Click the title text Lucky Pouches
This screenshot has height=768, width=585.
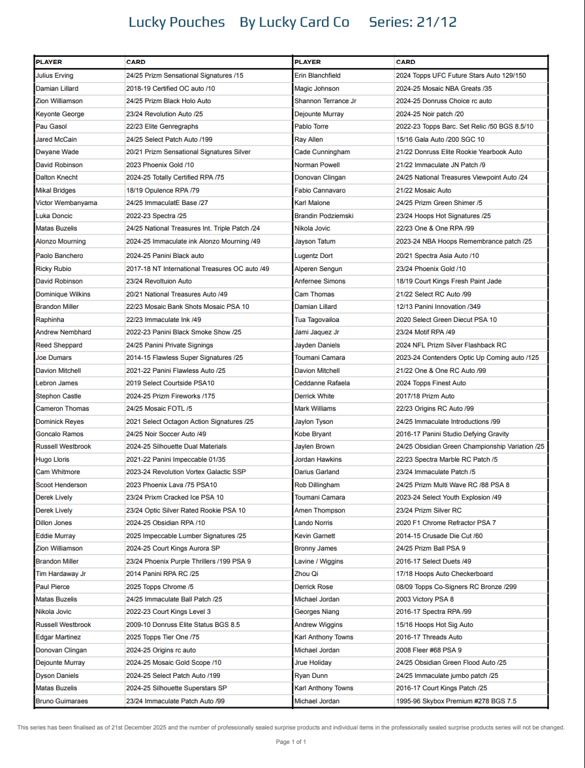pos(176,22)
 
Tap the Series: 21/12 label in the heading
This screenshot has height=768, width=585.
pos(413,22)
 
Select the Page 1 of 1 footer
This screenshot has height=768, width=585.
pos(291,742)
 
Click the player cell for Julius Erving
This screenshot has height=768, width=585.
pos(55,76)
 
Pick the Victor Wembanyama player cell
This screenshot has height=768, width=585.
pos(66,203)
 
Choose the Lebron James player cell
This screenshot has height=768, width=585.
pos(57,383)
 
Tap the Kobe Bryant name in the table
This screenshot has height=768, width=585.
pos(314,434)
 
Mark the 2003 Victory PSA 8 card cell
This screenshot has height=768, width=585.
pos(424,600)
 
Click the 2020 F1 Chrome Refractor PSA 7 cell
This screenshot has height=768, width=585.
pos(446,523)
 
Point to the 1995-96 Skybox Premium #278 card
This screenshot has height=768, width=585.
pos(456,701)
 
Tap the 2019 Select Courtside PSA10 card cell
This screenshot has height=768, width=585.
pos(170,383)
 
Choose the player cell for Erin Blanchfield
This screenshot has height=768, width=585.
pos(317,76)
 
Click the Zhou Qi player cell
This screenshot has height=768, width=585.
pos(306,574)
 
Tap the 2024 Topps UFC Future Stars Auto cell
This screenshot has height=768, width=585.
pos(460,76)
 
